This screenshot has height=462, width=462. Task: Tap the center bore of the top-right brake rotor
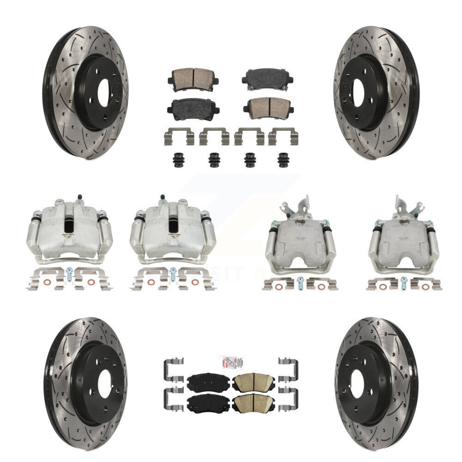pyautogui.click(x=359, y=92)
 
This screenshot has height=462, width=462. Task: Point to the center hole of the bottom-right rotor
pyautogui.click(x=357, y=383)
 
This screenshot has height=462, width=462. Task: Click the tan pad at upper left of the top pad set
pyautogui.click(x=193, y=76)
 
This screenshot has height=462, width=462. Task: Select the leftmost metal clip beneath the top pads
pyautogui.click(x=176, y=136)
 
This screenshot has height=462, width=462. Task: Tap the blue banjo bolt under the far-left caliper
pyautogui.click(x=69, y=273)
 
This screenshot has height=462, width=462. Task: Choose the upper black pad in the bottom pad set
pyautogui.click(x=206, y=382)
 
